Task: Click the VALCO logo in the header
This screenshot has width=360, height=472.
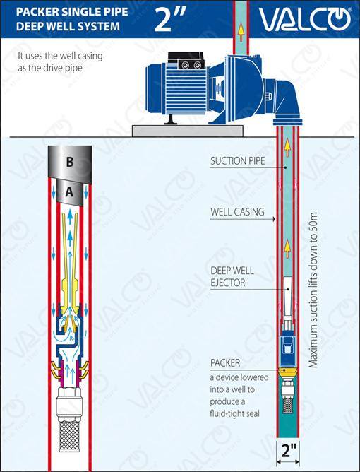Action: pyautogui.click(x=305, y=19)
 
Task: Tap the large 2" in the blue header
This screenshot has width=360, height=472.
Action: pyautogui.click(x=170, y=19)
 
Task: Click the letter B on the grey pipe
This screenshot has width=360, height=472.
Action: pyautogui.click(x=70, y=162)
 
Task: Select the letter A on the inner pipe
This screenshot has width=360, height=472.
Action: pyautogui.click(x=69, y=191)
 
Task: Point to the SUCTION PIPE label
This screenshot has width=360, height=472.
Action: pyautogui.click(x=238, y=161)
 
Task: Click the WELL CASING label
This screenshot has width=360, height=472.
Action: pyautogui.click(x=238, y=212)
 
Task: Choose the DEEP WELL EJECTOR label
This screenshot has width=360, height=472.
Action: pyautogui.click(x=232, y=277)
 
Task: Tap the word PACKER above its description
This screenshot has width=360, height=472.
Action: pyautogui.click(x=225, y=363)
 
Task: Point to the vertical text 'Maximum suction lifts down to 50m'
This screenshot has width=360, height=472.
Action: pyautogui.click(x=313, y=290)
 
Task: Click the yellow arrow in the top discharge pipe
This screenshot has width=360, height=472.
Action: pyautogui.click(x=241, y=33)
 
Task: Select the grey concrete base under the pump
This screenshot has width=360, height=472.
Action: pyautogui.click(x=188, y=131)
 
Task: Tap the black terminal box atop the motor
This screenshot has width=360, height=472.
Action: pyautogui.click(x=186, y=61)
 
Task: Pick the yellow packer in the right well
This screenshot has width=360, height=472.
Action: pyautogui.click(x=287, y=373)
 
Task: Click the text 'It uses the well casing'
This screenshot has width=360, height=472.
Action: pyautogui.click(x=60, y=57)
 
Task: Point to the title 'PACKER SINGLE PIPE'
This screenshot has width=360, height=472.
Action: pyautogui.click(x=72, y=12)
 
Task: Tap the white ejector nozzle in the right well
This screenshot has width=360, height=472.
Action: pyautogui.click(x=288, y=296)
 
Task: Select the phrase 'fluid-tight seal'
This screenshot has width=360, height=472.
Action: pyautogui.click(x=234, y=413)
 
